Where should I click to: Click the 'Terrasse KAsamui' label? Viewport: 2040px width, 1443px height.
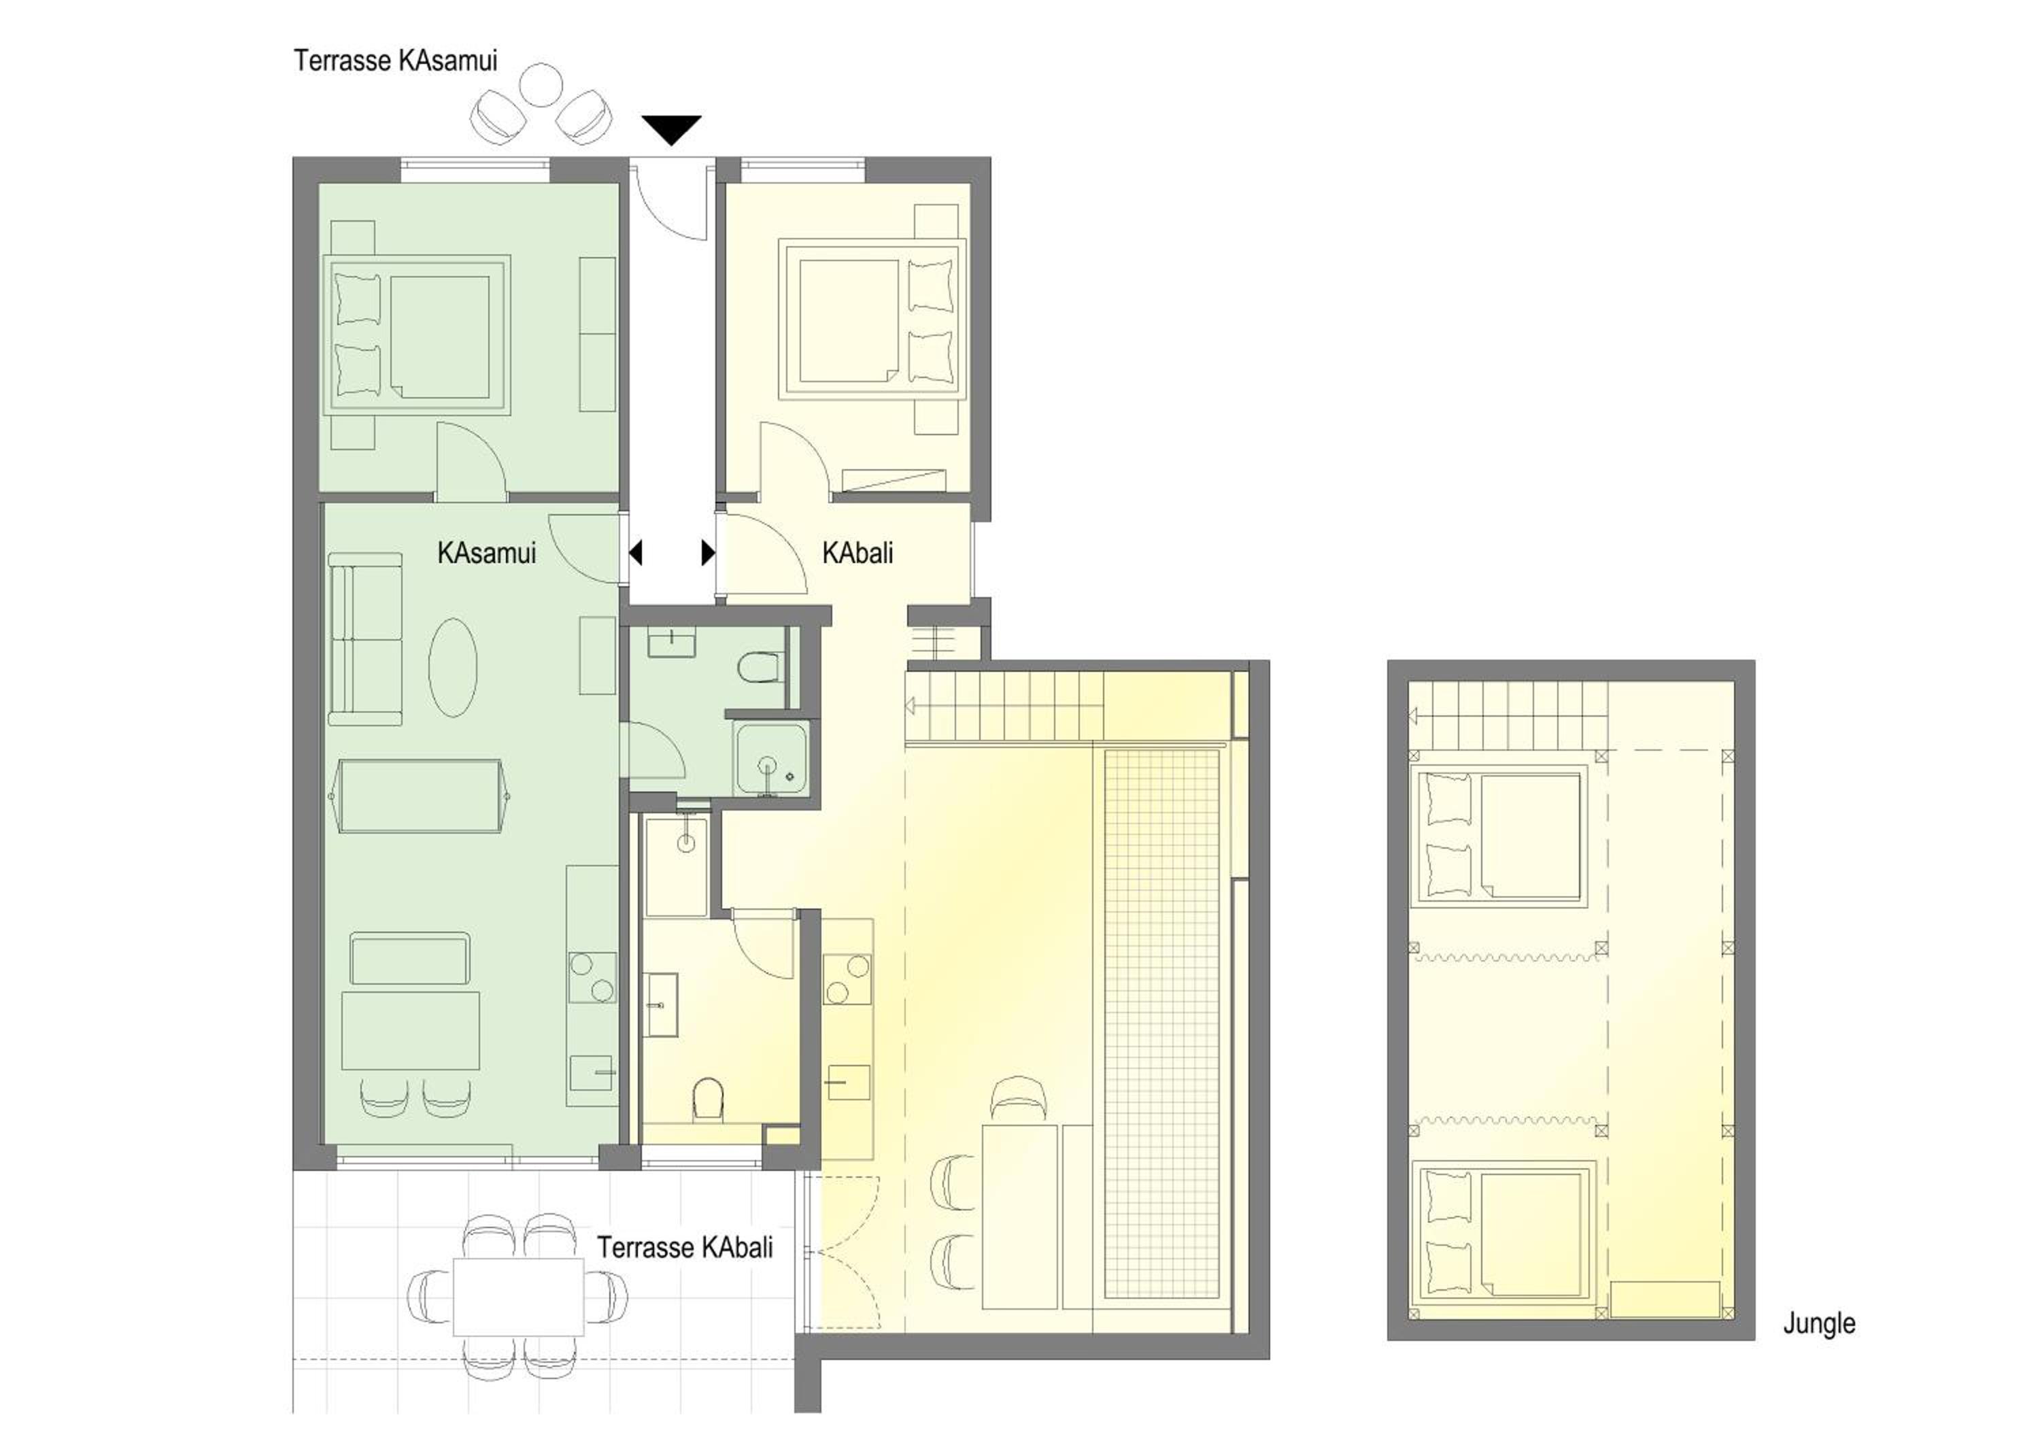coord(395,61)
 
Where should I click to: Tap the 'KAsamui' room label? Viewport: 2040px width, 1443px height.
coord(487,553)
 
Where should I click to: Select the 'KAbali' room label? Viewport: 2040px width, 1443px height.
coord(857,553)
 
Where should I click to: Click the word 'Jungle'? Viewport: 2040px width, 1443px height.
coord(1820,1324)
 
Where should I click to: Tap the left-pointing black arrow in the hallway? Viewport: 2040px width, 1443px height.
coord(635,553)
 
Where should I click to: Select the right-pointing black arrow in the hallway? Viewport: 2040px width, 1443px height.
coord(708,553)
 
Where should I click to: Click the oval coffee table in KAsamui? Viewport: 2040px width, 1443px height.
coord(453,667)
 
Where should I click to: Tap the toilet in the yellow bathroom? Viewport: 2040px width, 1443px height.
coord(708,1098)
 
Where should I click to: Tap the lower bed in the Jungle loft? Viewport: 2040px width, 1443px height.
coord(1504,1234)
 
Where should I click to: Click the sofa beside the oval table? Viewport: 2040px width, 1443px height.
coord(365,639)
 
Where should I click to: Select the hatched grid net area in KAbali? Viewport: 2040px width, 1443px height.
coord(1162,1023)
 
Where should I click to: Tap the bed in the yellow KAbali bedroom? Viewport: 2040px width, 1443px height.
coord(872,322)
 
